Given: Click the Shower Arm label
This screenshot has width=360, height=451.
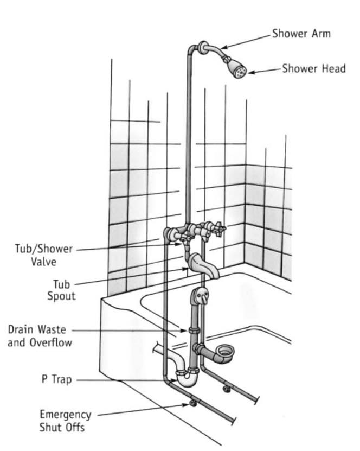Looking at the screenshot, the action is point(301,33).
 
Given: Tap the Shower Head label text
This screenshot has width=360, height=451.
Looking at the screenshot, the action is point(314,68).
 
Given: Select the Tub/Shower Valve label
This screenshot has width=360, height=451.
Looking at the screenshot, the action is point(44,255).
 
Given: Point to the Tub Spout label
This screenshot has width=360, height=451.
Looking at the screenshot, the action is point(61,290).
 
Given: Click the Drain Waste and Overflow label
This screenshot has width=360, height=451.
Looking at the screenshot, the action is point(40,335).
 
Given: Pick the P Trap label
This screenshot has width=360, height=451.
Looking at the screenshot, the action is point(56,379).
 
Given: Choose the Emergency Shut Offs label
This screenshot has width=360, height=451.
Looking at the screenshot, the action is point(66,421).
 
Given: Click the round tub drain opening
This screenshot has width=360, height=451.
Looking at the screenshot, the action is point(225,351).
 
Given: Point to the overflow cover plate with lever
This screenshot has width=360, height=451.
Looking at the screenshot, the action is point(201,295).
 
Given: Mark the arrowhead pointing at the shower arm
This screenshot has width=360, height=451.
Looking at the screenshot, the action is point(224,47).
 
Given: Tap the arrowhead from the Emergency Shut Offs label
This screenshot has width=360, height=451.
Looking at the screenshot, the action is point(185,405).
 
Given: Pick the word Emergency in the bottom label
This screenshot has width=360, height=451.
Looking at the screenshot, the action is point(66,415).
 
